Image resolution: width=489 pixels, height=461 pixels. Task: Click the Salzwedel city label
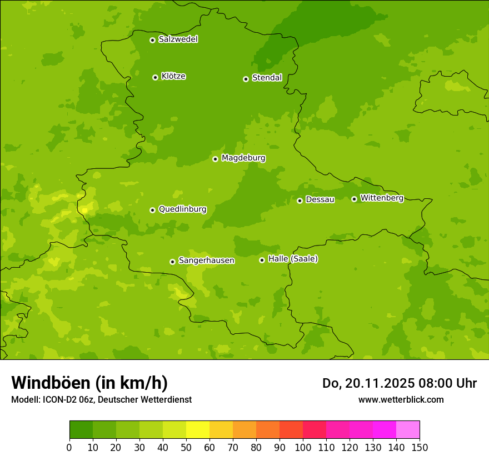pyautogui.click(x=178, y=39)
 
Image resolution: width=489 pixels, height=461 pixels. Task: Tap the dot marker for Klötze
pyautogui.click(x=155, y=77)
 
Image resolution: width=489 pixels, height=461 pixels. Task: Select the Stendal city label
pyautogui.click(x=267, y=78)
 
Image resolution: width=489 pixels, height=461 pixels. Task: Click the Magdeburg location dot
pyautogui.click(x=215, y=159)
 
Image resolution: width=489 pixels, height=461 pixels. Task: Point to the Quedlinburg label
pyautogui.click(x=182, y=209)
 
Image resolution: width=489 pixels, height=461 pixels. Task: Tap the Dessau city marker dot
pyautogui.click(x=300, y=201)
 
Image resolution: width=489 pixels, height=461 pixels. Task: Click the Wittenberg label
pyautogui.click(x=382, y=198)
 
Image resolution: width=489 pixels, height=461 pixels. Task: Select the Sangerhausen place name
pyautogui.click(x=206, y=260)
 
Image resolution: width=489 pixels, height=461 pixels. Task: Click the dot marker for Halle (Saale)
pyautogui.click(x=262, y=260)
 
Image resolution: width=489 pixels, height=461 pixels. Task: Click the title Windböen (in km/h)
pyautogui.click(x=89, y=383)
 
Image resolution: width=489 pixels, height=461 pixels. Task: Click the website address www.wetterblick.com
pyautogui.click(x=401, y=400)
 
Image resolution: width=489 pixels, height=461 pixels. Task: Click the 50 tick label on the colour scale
pyautogui.click(x=186, y=447)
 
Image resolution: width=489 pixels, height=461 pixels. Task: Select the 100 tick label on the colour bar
pyautogui.click(x=303, y=447)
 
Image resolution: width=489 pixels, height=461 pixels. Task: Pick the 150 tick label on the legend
pyautogui.click(x=420, y=447)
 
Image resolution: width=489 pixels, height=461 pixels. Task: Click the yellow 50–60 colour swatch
pyautogui.click(x=198, y=430)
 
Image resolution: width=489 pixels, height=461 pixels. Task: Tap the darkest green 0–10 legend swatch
pyautogui.click(x=81, y=430)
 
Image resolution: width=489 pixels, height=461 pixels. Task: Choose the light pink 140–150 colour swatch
pyautogui.click(x=408, y=430)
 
